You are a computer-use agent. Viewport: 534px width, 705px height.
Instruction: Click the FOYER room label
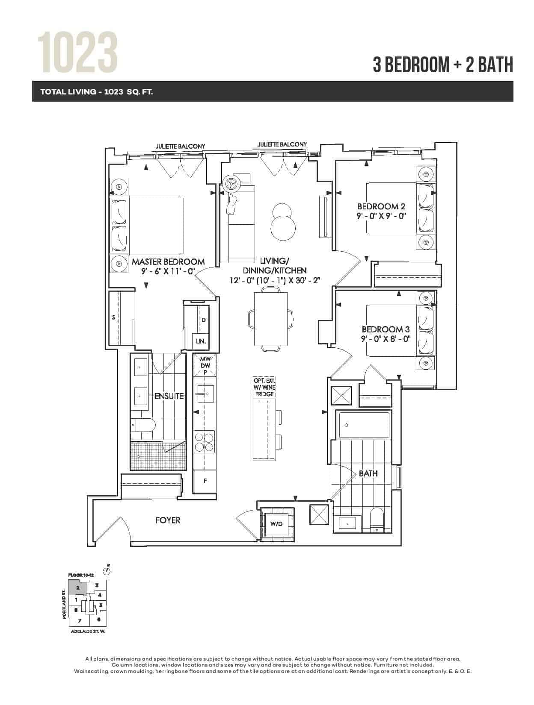pos(168,520)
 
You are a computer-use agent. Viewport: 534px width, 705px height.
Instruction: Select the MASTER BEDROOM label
pos(168,262)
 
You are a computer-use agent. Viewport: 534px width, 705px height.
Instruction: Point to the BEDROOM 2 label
pos(381,206)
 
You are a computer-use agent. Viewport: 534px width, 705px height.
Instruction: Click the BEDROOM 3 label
pos(386,329)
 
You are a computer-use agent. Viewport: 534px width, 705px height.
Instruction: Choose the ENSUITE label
pos(169,396)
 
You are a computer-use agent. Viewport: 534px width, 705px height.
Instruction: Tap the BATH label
pos(368,473)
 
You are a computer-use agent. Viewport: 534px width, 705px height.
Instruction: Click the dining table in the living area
pos(270,319)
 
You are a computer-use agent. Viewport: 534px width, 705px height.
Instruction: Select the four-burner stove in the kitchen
pos(204,443)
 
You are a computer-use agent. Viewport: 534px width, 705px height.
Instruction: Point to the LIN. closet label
pos(201,341)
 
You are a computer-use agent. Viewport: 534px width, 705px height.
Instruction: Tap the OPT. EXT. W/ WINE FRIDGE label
pos(264,388)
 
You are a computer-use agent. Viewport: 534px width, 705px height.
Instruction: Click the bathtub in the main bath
pos(364,425)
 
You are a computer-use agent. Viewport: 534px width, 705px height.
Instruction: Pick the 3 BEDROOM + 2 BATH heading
pos(443,65)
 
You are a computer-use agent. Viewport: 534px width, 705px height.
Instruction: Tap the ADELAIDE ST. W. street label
pos(88,632)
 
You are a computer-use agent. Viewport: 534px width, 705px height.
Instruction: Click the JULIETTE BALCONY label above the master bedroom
pos(181,146)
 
